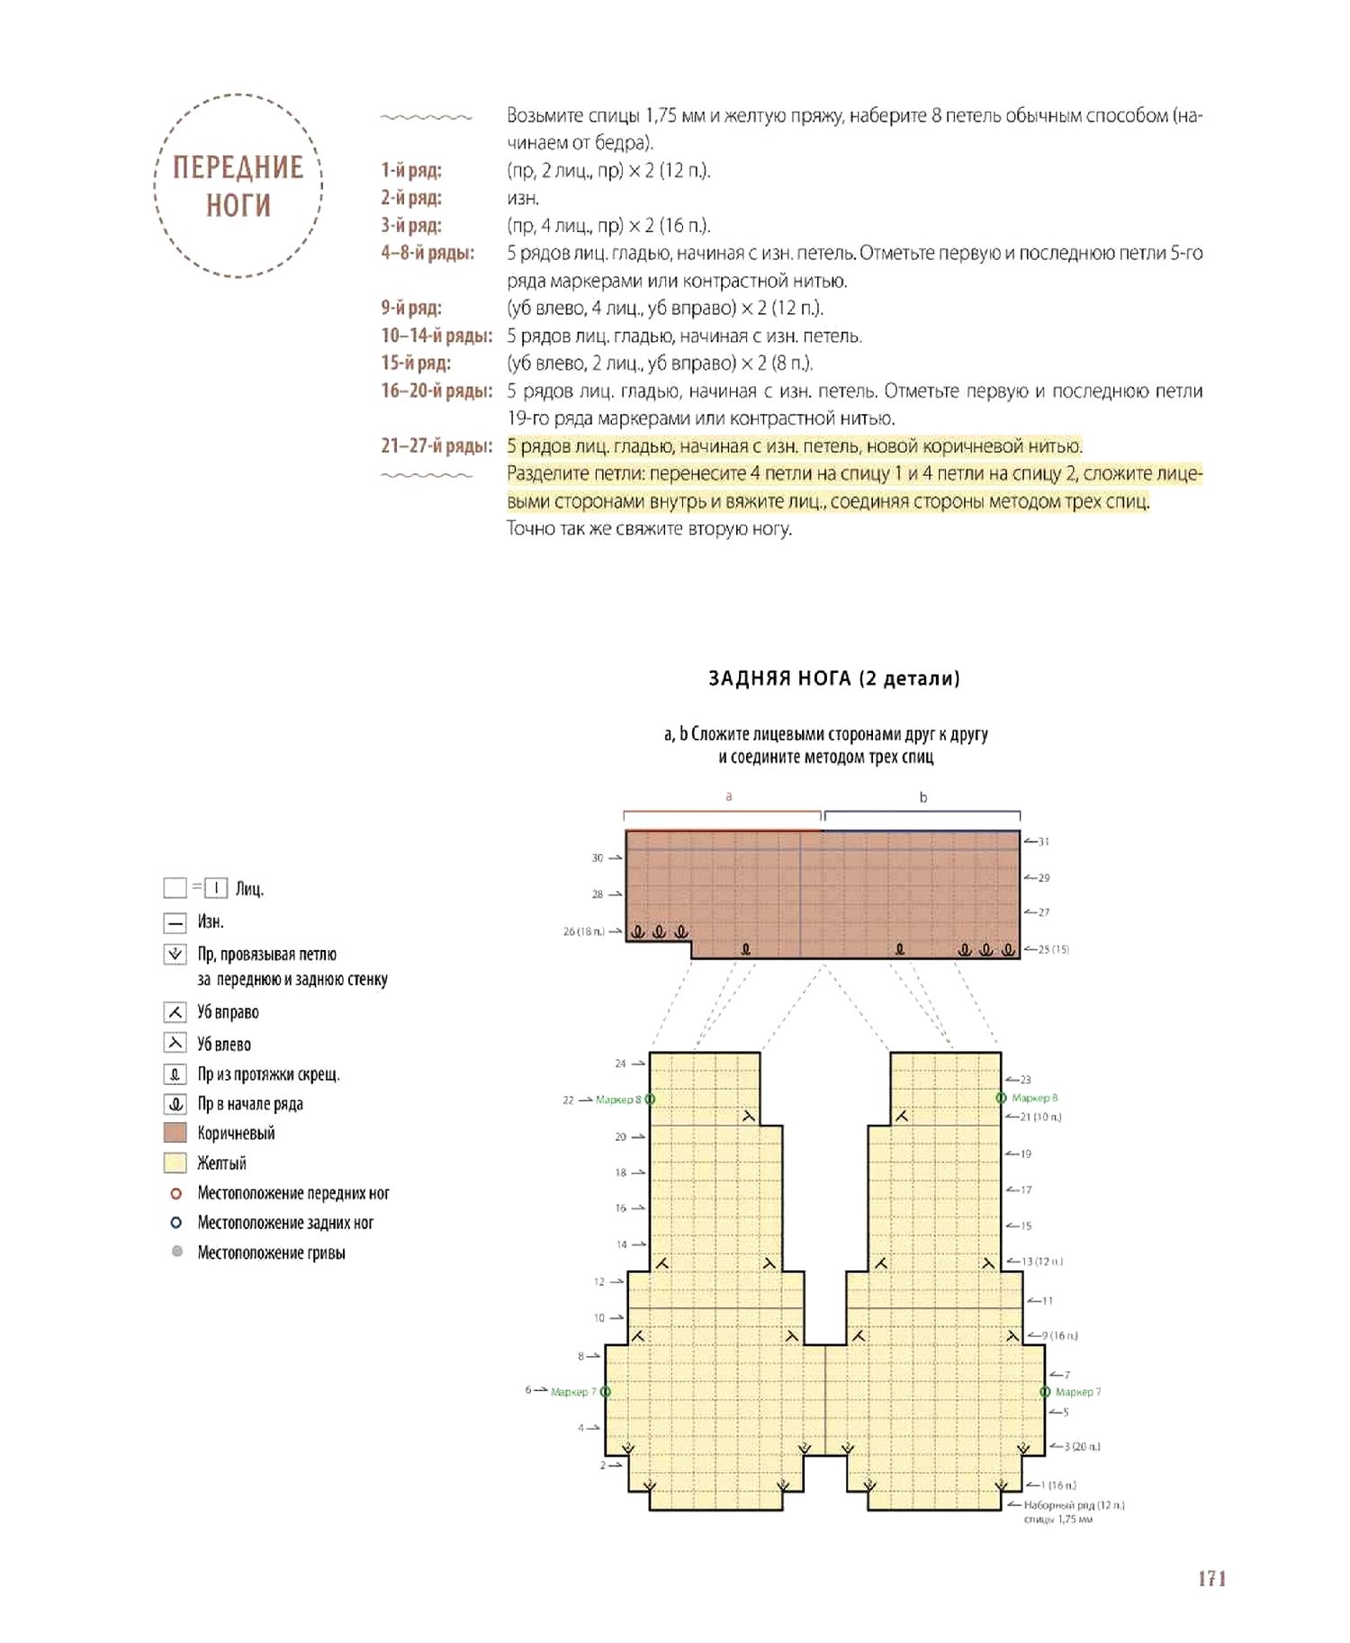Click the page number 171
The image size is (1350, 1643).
tap(1211, 1578)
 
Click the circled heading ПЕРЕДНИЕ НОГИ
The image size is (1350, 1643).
tap(238, 186)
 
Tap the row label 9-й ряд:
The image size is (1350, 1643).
tap(411, 308)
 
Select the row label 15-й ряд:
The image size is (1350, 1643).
tap(416, 364)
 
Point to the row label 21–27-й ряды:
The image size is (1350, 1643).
tap(436, 446)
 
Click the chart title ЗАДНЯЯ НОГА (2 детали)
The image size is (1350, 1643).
tap(833, 678)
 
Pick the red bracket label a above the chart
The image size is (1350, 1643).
tap(729, 796)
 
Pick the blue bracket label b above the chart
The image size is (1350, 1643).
tap(922, 797)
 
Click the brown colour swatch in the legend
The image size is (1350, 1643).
tap(175, 1133)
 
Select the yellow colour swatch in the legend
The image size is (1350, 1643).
tap(175, 1163)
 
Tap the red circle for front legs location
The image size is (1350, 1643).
tap(176, 1193)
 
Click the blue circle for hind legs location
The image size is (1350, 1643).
tap(176, 1223)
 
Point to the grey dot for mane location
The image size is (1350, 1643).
tap(177, 1252)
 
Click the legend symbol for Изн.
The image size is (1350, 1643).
tap(175, 922)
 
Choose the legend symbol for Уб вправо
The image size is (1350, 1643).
tap(175, 1012)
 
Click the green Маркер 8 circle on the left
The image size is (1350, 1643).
tap(650, 1100)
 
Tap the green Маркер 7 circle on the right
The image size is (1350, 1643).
tap(1045, 1392)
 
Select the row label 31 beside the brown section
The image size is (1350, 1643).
tap(1043, 842)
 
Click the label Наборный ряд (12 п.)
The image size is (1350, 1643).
tap(1074, 1504)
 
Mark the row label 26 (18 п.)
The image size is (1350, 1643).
tap(584, 931)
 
